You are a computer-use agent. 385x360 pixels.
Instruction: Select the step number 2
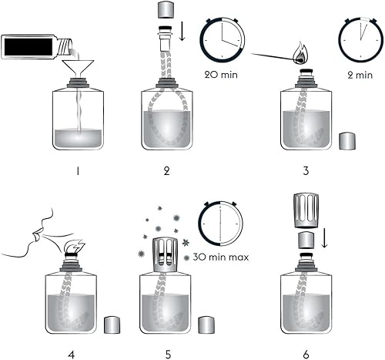pyautogui.click(x=166, y=170)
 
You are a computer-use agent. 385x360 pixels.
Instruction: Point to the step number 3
pyautogui.click(x=307, y=170)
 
